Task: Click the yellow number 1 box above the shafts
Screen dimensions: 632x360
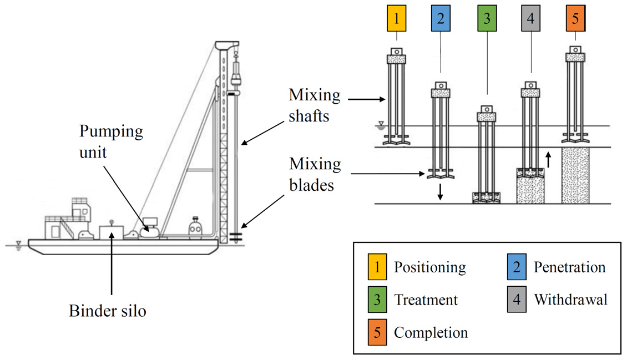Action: [397, 18]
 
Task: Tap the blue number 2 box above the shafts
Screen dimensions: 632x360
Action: [441, 18]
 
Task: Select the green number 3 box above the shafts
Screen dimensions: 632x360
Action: [487, 18]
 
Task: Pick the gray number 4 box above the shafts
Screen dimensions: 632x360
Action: [530, 18]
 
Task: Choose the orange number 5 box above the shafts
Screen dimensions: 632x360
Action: [575, 18]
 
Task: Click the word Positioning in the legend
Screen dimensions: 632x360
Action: [429, 268]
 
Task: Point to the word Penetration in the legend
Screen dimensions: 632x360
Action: [569, 267]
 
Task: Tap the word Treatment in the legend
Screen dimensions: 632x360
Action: [426, 300]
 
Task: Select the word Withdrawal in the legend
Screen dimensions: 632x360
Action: [570, 300]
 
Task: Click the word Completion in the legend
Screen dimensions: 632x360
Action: [431, 333]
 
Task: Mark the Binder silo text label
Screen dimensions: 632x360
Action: [107, 311]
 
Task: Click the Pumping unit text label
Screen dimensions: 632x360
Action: [111, 142]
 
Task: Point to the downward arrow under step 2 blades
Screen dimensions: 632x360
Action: [440, 192]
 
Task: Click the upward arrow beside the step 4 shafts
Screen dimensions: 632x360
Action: [548, 160]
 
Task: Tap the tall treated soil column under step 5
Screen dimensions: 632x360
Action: [575, 175]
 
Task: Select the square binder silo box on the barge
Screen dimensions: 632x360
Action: [111, 232]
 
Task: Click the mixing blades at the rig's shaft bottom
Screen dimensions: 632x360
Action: [236, 237]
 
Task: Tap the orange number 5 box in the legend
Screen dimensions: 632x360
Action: [377, 332]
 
